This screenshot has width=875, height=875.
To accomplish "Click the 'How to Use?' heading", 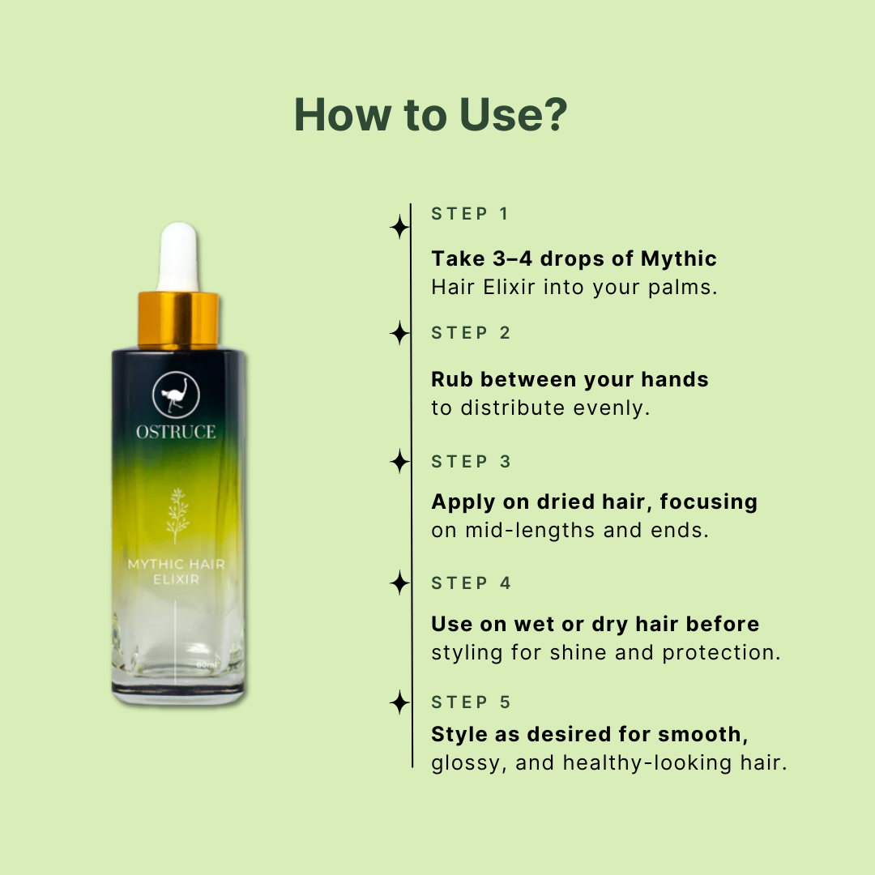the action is [430, 115].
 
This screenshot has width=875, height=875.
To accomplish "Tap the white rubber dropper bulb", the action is [178, 257].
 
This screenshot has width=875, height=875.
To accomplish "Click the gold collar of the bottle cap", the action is [178, 319].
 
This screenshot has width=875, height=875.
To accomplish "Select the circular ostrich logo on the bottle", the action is [177, 395].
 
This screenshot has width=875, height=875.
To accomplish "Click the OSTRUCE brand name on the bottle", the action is [176, 432].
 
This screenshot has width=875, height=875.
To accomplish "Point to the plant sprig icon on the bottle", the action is [177, 515].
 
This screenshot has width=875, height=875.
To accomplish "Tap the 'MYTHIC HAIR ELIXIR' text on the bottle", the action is [177, 571].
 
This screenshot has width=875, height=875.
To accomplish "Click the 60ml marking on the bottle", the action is [206, 665].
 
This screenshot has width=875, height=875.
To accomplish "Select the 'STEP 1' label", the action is [469, 214].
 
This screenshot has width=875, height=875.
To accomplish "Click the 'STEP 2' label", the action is [471, 333].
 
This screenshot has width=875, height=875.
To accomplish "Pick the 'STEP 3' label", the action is [471, 462].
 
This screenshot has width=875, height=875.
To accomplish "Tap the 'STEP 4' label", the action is [471, 583].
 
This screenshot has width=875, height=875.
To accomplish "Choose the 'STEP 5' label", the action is [471, 702].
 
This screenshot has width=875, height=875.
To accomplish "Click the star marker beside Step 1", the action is [399, 227].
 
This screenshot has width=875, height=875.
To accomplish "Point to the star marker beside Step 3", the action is [399, 462].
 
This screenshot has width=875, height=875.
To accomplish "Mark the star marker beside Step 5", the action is [399, 702].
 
